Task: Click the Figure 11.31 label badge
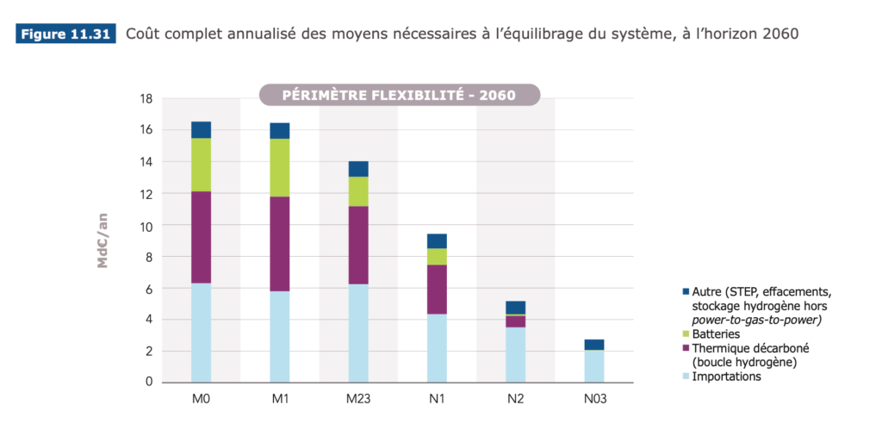pos(65,34)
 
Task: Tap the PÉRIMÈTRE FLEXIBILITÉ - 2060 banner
pos(399,95)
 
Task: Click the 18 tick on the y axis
pos(146,98)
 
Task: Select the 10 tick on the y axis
pos(146,225)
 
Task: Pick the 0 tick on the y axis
pos(149,382)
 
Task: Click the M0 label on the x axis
pos(201,399)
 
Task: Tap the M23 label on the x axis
pos(358,399)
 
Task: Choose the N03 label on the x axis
pos(594,399)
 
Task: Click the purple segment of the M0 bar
pos(201,237)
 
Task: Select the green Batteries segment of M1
pos(280,167)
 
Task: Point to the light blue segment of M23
pos(358,333)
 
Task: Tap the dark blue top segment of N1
pos(437,241)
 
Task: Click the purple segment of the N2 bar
pos(516,321)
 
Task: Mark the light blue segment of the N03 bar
pos(594,366)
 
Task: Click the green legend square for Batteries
pos(686,333)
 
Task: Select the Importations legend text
pos(727,377)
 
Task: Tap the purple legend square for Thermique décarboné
pos(686,348)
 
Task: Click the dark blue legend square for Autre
pos(686,291)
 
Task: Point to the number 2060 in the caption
pos(780,34)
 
